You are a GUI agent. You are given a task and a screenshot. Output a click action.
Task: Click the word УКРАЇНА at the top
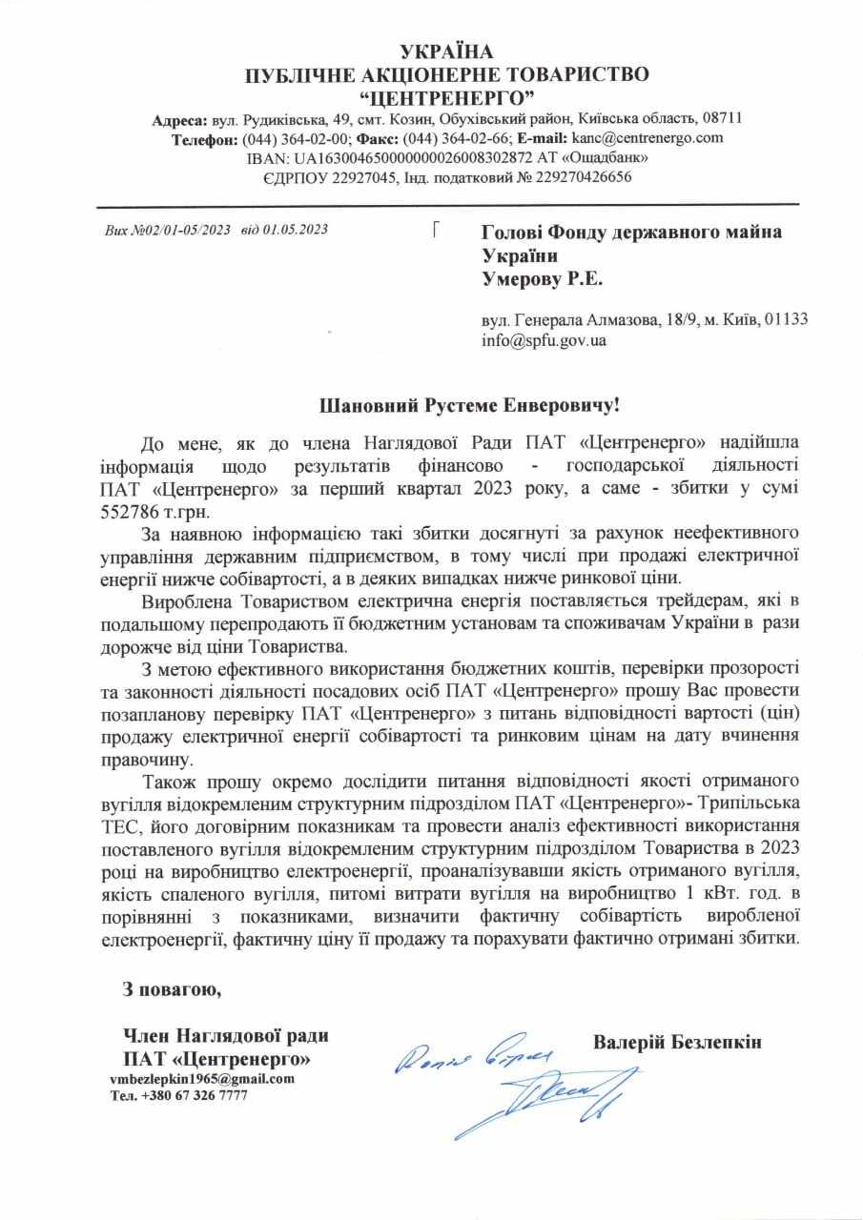coord(448,51)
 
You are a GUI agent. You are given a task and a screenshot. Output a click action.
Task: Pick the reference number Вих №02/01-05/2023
coord(168,230)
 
